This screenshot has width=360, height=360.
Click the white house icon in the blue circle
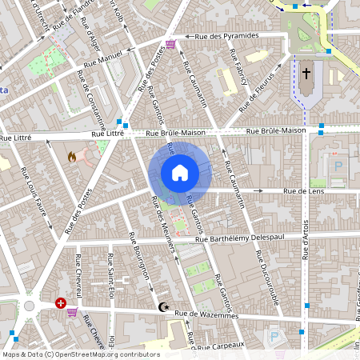[x=180, y=173]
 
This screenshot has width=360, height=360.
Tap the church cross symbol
[x=306, y=74]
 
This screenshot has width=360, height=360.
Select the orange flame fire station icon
[x=72, y=158]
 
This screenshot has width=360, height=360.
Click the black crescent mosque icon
[x=164, y=307]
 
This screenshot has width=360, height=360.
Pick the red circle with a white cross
[x=61, y=303]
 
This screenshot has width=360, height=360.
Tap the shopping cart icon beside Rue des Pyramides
[x=170, y=44]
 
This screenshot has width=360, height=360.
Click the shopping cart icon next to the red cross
[x=73, y=311]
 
